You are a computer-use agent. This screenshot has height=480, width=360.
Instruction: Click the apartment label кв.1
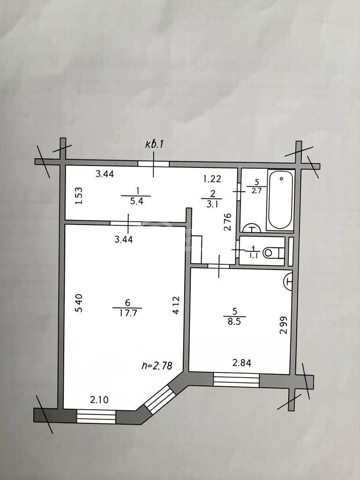[155, 144]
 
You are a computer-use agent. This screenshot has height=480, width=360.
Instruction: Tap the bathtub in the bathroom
[280, 200]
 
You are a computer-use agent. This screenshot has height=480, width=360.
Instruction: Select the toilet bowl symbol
[274, 253]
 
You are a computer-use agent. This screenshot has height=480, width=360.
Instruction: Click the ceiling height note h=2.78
[157, 366]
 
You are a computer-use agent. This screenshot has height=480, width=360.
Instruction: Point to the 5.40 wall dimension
[79, 303]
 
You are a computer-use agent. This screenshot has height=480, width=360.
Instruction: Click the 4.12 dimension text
[176, 305]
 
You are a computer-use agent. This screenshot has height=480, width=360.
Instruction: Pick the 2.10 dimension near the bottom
[99, 399]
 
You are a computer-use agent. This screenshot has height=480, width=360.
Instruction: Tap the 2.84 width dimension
[242, 363]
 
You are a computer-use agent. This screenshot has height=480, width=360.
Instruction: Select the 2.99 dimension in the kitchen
[284, 325]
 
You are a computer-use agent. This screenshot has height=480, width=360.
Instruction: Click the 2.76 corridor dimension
[227, 222]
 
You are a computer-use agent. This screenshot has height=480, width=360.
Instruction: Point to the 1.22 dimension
[212, 179]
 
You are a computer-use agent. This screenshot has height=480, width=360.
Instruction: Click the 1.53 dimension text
[79, 196]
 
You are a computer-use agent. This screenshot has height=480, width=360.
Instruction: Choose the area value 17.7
[127, 313]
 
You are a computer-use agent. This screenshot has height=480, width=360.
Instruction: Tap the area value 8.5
[234, 322]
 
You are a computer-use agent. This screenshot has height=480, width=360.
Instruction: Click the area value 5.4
[136, 201]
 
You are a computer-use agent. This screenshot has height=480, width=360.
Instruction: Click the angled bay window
[160, 399]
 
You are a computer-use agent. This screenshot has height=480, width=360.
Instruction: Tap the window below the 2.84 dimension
[236, 380]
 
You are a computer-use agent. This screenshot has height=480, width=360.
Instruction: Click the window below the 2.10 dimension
[96, 417]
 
